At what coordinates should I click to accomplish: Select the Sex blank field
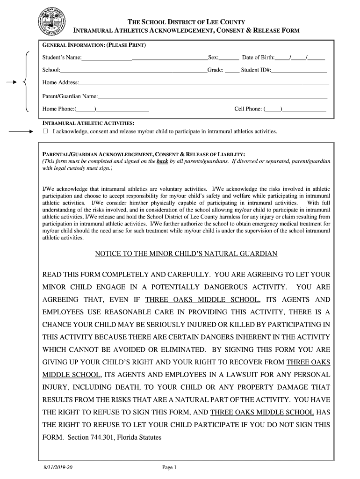tap(229, 58)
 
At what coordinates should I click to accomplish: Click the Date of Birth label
tap(258, 58)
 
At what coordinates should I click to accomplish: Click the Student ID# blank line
tap(299, 71)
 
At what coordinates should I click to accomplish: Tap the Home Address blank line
tap(204, 84)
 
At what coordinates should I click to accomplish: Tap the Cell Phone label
tap(248, 109)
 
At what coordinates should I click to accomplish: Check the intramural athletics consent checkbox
tap(45, 131)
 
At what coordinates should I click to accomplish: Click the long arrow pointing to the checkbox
tap(22, 132)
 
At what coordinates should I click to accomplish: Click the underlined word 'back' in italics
tap(162, 161)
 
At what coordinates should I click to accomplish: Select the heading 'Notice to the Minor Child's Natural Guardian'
tap(186, 254)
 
